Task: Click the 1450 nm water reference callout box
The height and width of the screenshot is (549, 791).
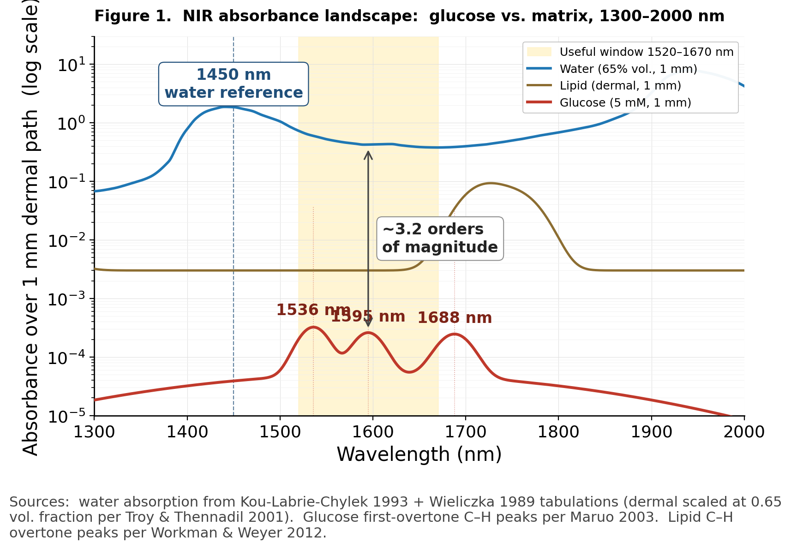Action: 234,84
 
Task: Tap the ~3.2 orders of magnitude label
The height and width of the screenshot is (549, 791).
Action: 440,238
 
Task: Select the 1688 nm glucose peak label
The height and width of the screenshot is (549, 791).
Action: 455,318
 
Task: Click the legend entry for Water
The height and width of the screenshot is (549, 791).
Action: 628,69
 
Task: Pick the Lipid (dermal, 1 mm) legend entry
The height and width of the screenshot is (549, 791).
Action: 620,86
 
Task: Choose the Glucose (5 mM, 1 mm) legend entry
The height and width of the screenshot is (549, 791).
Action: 625,102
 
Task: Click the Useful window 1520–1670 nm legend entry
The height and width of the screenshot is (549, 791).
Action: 646,52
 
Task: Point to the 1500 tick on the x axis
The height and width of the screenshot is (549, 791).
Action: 280,432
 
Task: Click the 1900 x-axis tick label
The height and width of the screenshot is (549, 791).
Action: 651,432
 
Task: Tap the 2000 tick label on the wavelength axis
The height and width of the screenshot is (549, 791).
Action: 743,432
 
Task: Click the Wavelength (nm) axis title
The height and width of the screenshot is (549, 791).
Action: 419,454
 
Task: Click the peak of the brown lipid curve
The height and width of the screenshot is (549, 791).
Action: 491,183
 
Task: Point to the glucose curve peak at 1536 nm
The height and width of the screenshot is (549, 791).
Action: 313,327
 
